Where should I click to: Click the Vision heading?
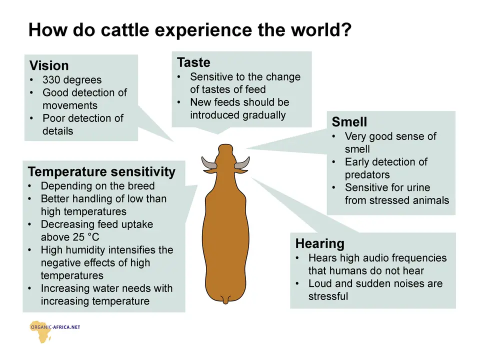tap(49, 65)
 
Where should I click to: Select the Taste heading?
tap(194, 62)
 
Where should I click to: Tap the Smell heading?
tap(349, 122)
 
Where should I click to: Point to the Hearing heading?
tap(320, 243)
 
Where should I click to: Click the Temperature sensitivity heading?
tap(101, 171)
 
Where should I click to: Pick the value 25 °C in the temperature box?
tap(86, 237)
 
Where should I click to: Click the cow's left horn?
tap(209, 163)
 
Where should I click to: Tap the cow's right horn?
tap(242, 163)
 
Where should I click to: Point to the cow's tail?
tap(225, 299)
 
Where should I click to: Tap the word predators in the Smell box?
tap(367, 175)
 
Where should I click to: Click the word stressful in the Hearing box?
tap(328, 296)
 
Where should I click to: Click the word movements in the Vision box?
tap(70, 105)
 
